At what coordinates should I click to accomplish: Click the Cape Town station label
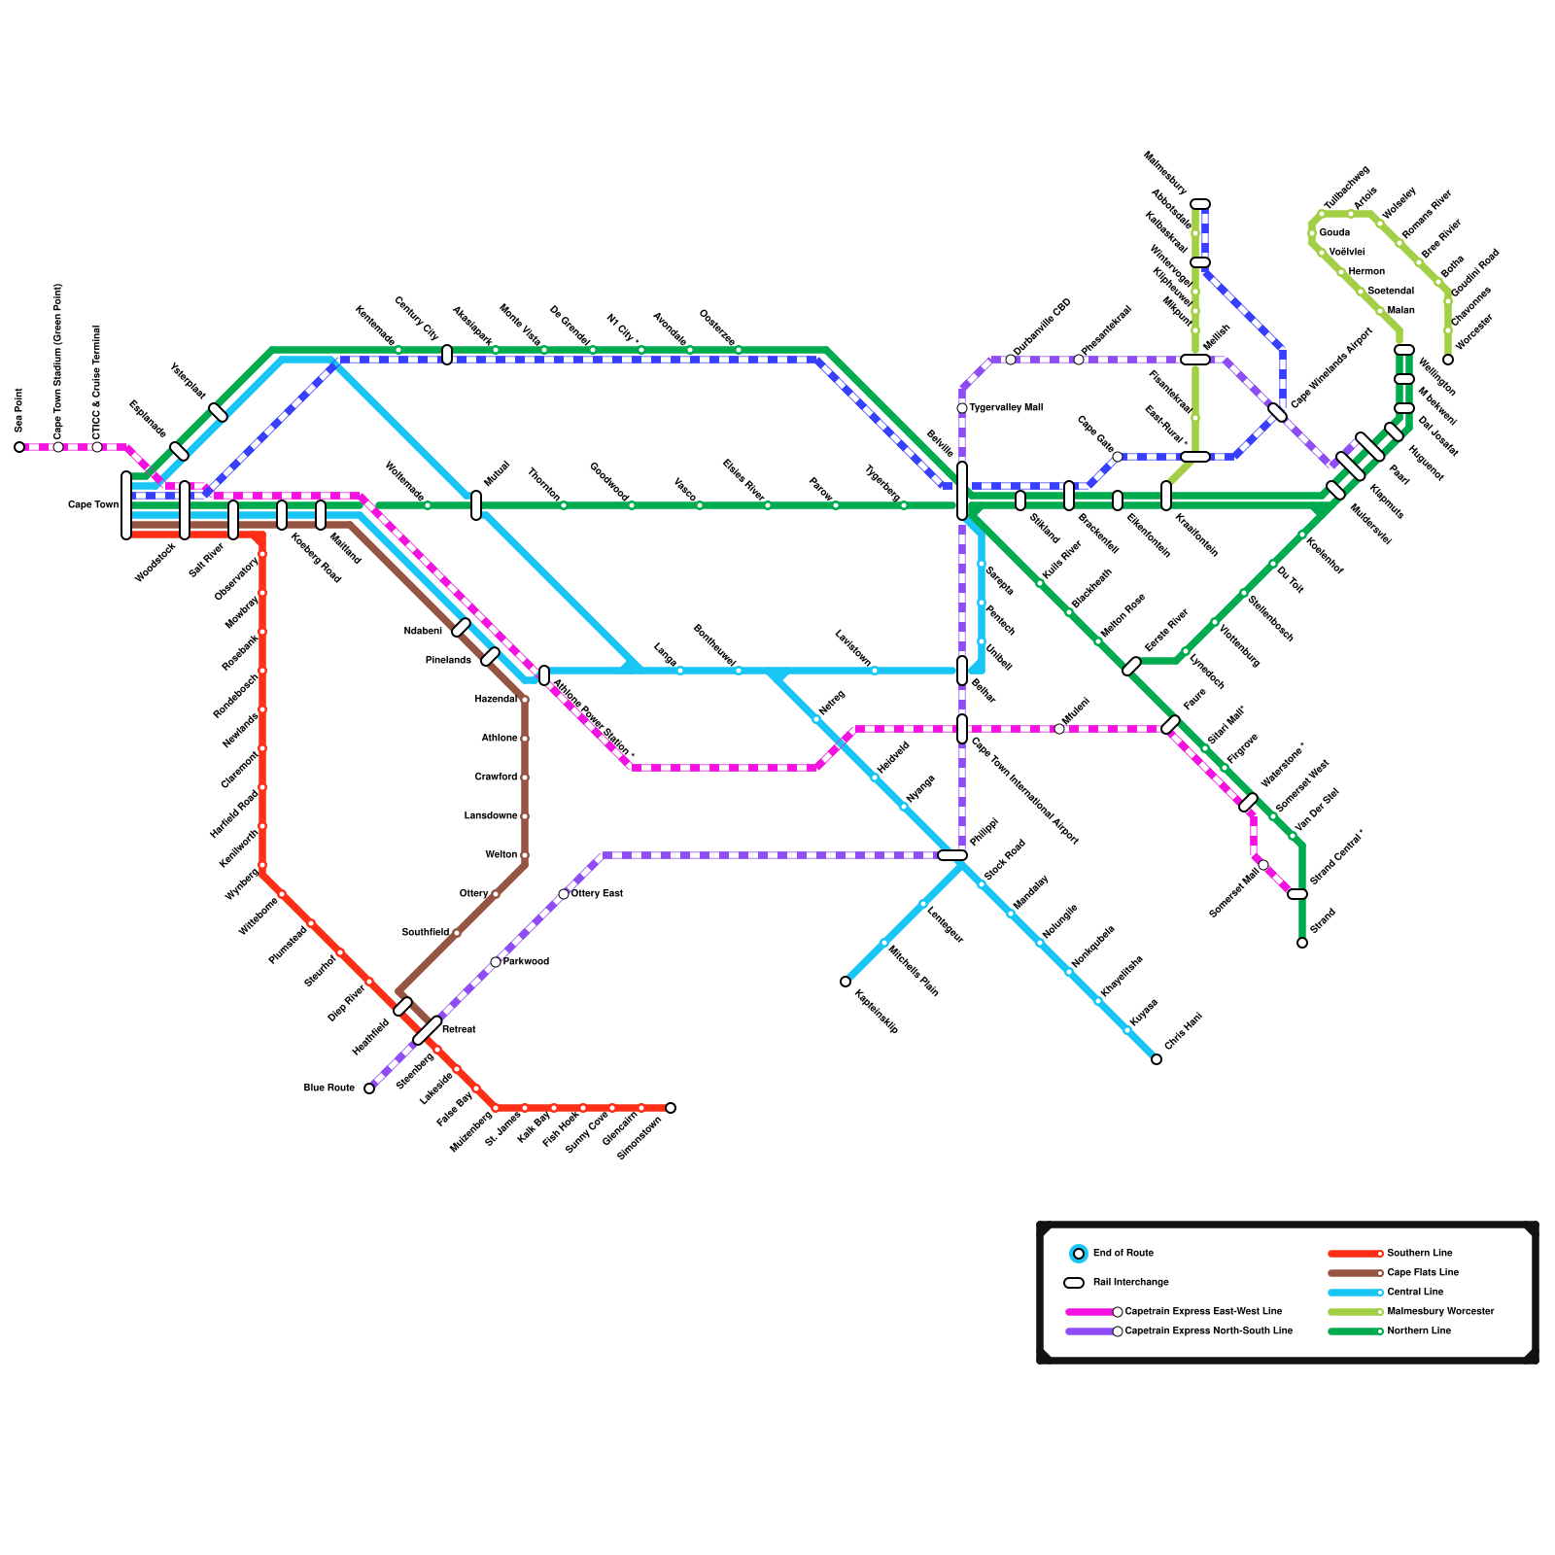click(x=93, y=505)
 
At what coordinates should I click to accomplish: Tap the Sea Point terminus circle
click(x=19, y=447)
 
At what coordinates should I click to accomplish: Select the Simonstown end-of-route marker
click(x=671, y=1108)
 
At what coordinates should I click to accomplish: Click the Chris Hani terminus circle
click(x=1157, y=1059)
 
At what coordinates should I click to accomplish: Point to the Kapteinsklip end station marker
click(x=846, y=982)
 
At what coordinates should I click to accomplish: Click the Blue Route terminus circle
click(x=369, y=1088)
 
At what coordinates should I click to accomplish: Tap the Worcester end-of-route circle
click(x=1448, y=360)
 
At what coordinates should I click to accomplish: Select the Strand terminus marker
click(x=1302, y=943)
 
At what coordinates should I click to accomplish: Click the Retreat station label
click(x=459, y=1029)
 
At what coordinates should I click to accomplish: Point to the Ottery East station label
click(x=597, y=893)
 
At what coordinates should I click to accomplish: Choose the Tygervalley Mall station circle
click(x=962, y=408)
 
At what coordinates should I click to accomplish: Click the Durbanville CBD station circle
click(x=1011, y=360)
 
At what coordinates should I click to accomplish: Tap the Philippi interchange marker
click(x=952, y=855)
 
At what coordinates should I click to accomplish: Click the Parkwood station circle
click(x=496, y=962)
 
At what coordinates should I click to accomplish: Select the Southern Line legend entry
click(x=1419, y=1253)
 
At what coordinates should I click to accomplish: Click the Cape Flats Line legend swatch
click(x=1355, y=1272)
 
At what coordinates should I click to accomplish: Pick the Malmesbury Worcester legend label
click(x=1440, y=1311)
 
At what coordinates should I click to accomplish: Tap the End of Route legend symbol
click(x=1079, y=1254)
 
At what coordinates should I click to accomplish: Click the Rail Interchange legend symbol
click(x=1074, y=1283)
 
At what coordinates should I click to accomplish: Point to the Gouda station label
click(x=1334, y=233)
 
